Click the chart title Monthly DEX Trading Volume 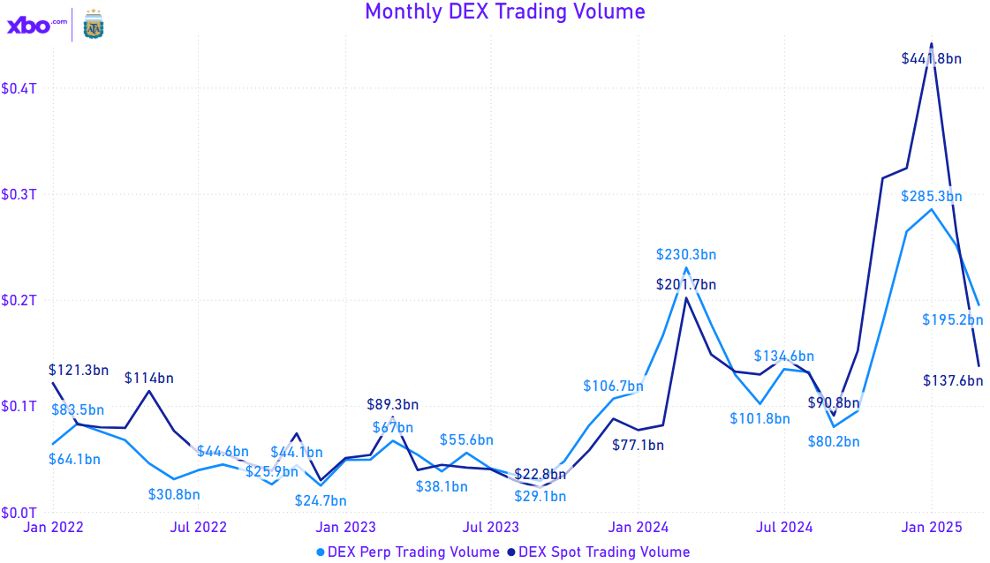pyautogui.click(x=504, y=11)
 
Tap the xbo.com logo pyautogui.click(x=36, y=26)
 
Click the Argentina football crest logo pyautogui.click(x=92, y=25)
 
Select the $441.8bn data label pyautogui.click(x=931, y=59)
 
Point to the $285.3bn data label pyautogui.click(x=931, y=197)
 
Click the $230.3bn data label pyautogui.click(x=686, y=254)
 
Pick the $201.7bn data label pyautogui.click(x=686, y=285)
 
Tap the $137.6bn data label pyautogui.click(x=953, y=381)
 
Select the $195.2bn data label pyautogui.click(x=953, y=319)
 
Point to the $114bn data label pyautogui.click(x=149, y=379)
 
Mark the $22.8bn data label pyautogui.click(x=540, y=475)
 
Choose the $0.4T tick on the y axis pyautogui.click(x=19, y=89)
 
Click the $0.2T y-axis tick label pyautogui.click(x=19, y=301)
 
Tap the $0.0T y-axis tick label pyautogui.click(x=19, y=513)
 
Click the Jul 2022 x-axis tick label pyautogui.click(x=199, y=528)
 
